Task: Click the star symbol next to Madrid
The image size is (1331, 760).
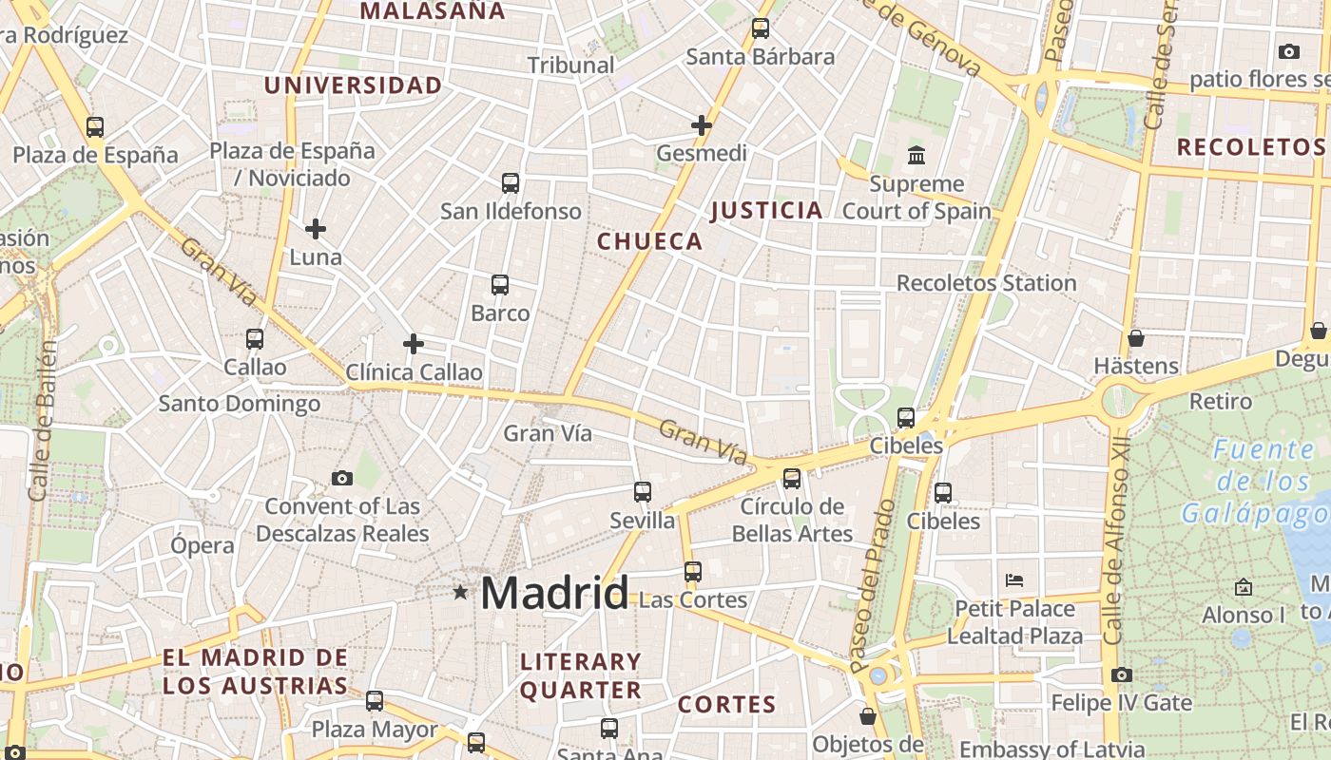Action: pyautogui.click(x=461, y=593)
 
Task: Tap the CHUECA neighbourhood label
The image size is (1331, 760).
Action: pyautogui.click(x=650, y=241)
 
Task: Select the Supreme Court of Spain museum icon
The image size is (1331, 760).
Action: pyautogui.click(x=916, y=155)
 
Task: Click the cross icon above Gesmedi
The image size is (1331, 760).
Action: pyautogui.click(x=702, y=124)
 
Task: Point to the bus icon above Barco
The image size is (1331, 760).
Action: pyautogui.click(x=500, y=284)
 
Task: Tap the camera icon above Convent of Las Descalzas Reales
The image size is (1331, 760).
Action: pyautogui.click(x=342, y=478)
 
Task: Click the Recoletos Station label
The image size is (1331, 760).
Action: pyautogui.click(x=986, y=283)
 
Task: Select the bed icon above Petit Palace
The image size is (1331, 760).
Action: pyautogui.click(x=1014, y=579)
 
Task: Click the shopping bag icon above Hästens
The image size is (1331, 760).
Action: pyautogui.click(x=1135, y=338)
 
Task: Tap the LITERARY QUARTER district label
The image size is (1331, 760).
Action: pyautogui.click(x=581, y=675)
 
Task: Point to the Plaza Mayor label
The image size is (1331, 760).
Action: pyautogui.click(x=375, y=730)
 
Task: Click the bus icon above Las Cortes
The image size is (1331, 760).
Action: pyautogui.click(x=693, y=572)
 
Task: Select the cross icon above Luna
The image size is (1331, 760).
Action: pyautogui.click(x=316, y=229)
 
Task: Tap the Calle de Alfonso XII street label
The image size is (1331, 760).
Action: pyautogui.click(x=1115, y=541)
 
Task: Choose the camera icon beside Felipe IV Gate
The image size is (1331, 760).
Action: pyautogui.click(x=1122, y=675)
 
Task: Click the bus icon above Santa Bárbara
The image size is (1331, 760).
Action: pyautogui.click(x=761, y=28)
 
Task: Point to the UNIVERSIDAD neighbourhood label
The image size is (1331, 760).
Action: pyautogui.click(x=353, y=85)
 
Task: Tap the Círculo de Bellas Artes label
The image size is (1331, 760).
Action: pyautogui.click(x=792, y=520)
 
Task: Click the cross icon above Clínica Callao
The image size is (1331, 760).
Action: pyautogui.click(x=414, y=344)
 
